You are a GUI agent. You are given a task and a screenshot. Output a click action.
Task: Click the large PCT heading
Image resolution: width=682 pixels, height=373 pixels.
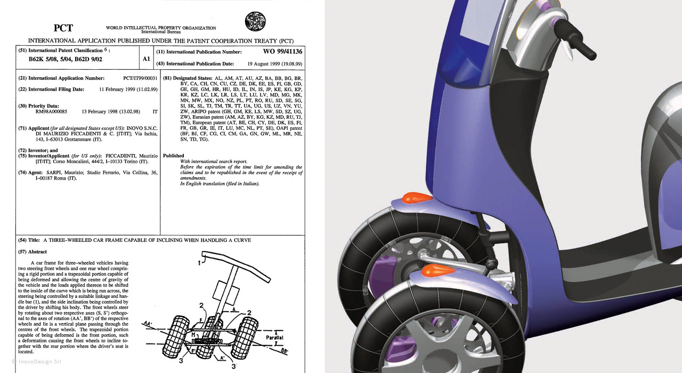pos(63,28)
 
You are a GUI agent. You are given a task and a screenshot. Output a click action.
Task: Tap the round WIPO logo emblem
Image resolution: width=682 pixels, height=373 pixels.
pos(255,21)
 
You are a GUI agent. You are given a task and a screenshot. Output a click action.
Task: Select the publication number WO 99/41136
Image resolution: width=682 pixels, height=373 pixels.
pos(282,52)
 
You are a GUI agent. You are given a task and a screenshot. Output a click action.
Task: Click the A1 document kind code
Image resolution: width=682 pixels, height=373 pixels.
pos(147,59)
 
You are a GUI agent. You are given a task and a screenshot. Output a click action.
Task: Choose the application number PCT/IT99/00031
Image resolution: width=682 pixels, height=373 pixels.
pos(140,78)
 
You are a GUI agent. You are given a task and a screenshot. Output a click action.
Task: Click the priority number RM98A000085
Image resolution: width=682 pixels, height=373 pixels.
pos(51,112)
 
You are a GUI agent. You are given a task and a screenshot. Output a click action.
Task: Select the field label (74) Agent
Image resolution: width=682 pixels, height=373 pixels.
pos(30,173)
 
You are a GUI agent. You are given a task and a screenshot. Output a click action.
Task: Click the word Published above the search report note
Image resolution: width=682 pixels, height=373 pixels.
pos(174,156)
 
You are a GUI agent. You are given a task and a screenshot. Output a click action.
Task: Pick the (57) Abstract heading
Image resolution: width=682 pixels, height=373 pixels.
pos(33,252)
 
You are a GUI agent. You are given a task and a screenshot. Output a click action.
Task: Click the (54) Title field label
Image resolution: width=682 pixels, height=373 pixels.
pos(29,240)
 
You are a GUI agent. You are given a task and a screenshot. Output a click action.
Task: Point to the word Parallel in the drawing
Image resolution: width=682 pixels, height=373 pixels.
pos(274,338)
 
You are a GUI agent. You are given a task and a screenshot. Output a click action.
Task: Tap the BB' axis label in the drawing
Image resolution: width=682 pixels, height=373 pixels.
pos(284,351)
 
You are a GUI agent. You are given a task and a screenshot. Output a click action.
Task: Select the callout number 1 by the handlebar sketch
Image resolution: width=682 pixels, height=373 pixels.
pos(199,263)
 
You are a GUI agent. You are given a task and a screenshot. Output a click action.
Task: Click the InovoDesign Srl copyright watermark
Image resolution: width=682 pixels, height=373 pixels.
pos(37,362)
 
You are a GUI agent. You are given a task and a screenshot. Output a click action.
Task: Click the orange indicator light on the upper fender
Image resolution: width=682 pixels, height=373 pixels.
pos(417,198)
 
